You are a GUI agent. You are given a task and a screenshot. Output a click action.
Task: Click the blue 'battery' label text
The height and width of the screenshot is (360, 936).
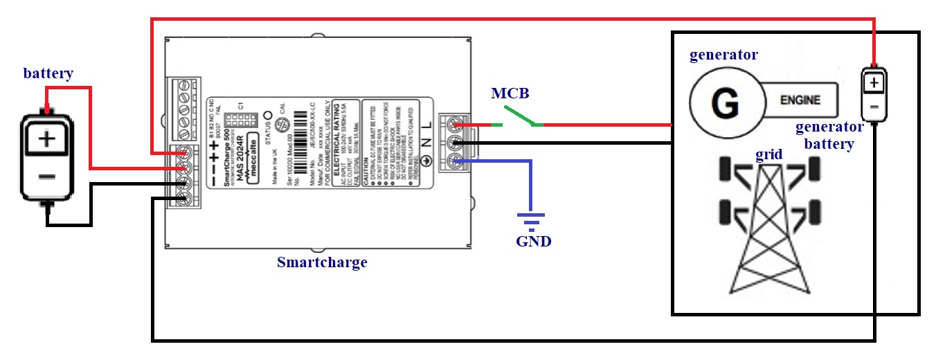[48, 73]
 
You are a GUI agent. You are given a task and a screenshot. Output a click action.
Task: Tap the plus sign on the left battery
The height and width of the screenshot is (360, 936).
[46, 138]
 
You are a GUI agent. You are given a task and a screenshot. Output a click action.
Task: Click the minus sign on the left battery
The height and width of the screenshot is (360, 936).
[46, 177]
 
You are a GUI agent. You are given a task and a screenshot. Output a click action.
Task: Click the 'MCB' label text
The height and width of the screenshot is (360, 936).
[511, 93]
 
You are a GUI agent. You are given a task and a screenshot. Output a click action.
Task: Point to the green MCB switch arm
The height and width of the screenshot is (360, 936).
[519, 116]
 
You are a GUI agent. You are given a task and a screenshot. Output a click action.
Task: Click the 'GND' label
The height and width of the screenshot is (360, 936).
[534, 242]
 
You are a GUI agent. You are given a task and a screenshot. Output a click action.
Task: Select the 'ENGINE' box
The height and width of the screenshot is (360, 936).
[800, 100]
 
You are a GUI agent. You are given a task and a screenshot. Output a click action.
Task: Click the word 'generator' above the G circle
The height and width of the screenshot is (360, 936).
[723, 55]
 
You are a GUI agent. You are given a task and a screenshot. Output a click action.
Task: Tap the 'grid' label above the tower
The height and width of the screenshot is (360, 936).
[768, 154]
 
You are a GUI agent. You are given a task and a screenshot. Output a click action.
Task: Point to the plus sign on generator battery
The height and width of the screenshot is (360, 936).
[874, 83]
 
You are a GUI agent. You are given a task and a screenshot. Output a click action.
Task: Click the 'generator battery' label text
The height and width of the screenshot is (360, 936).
[829, 135]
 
